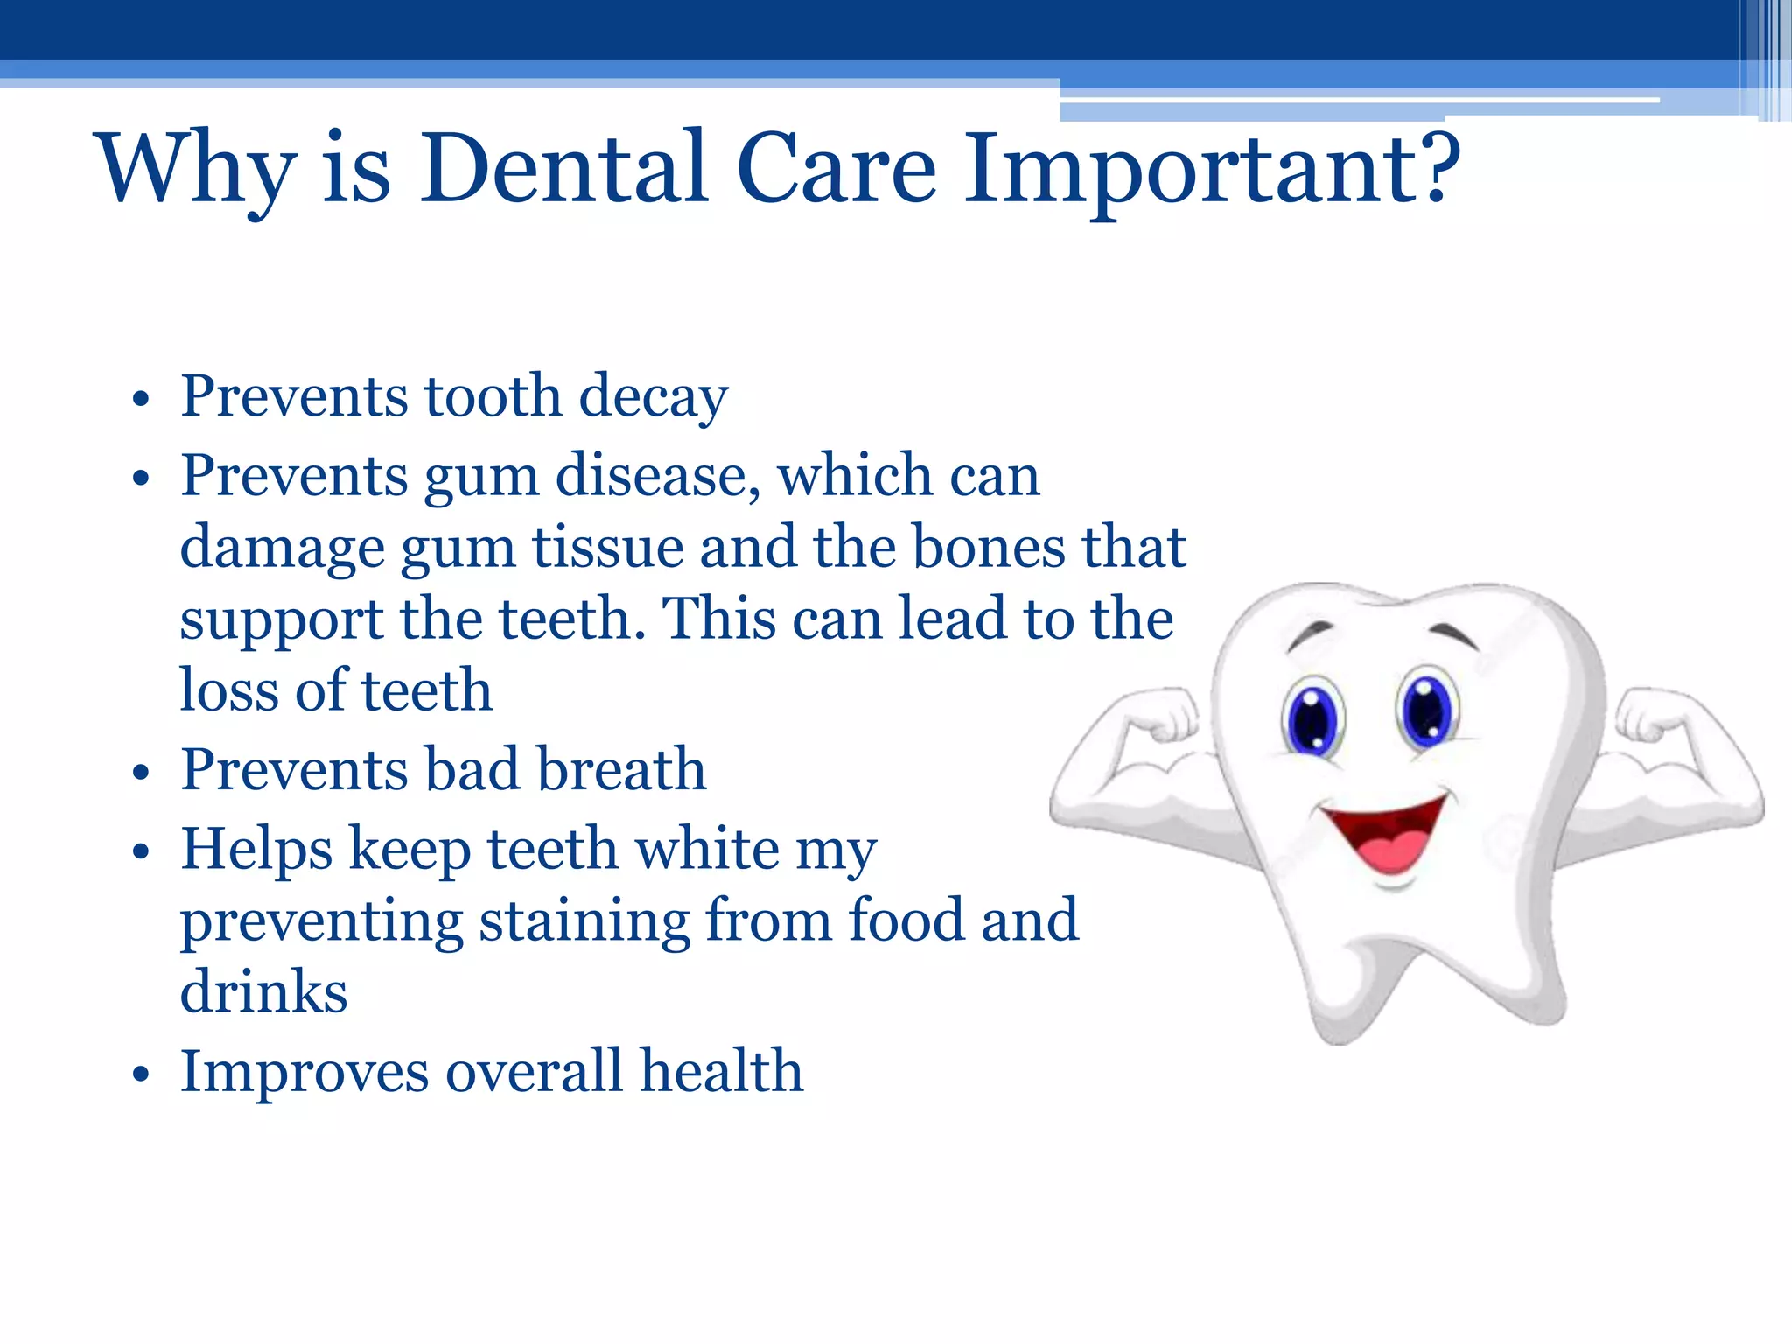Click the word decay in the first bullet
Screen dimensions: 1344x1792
(653, 397)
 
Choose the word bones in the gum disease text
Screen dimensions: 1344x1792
(989, 549)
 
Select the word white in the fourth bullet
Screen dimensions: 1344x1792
(707, 850)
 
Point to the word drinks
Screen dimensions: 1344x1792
(263, 992)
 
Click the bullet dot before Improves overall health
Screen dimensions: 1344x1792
(141, 1076)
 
